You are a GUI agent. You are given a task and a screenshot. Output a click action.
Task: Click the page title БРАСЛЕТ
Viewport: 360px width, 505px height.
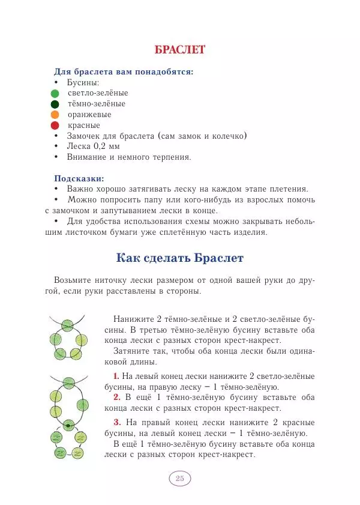click(180, 49)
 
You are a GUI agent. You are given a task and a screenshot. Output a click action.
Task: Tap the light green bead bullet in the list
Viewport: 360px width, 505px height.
click(55, 93)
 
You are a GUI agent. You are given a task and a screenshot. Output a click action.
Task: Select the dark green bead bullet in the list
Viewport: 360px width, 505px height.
click(55, 104)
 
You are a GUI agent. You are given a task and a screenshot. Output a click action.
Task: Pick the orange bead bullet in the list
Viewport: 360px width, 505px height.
click(55, 115)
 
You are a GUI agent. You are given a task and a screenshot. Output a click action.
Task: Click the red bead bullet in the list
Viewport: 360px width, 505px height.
click(55, 125)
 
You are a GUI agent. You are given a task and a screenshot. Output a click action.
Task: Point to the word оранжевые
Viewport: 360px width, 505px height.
click(89, 115)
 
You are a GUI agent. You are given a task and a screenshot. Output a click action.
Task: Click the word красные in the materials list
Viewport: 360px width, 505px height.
click(84, 125)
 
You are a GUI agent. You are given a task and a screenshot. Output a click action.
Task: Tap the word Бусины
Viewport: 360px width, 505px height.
click(83, 82)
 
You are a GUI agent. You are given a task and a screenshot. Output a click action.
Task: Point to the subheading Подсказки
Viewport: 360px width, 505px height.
click(79, 178)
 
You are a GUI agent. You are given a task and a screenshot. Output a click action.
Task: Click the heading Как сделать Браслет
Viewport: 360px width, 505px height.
click(180, 259)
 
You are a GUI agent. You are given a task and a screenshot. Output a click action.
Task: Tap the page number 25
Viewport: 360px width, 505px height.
click(179, 479)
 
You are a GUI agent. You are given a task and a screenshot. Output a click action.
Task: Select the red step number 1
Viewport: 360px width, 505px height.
click(116, 376)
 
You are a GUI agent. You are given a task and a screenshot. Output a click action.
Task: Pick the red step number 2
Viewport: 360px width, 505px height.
click(116, 398)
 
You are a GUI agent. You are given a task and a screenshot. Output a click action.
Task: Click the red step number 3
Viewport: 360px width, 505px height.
click(116, 422)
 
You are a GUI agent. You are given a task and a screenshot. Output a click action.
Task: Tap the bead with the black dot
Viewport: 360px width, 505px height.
click(68, 426)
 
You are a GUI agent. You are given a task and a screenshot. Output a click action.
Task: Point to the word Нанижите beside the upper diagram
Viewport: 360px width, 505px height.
click(133, 319)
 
